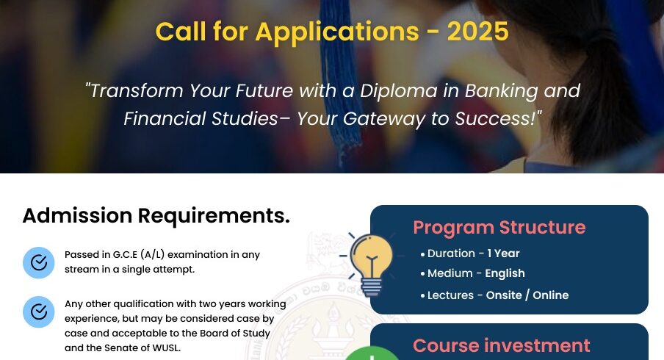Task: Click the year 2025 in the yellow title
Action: coord(477,32)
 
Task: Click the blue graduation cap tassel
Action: coord(339,76)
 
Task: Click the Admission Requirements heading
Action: coord(156,215)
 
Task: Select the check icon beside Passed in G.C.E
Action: coord(38,262)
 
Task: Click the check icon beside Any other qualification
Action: coord(38,312)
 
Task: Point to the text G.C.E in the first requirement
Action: coord(125,255)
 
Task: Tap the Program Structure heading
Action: coord(499,228)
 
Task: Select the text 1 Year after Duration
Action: coord(503,253)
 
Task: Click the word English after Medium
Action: coord(505,273)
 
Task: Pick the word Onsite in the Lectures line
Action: coord(504,295)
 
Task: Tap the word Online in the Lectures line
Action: coord(550,295)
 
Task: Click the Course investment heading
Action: coord(502,345)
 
